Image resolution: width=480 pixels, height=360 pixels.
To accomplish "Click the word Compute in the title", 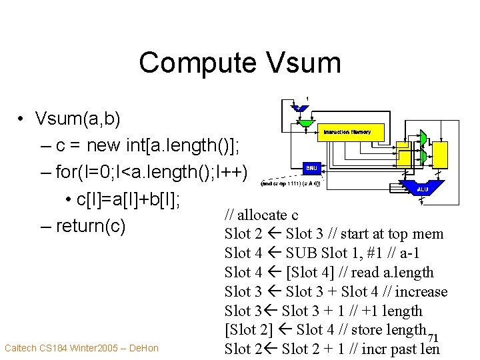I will point(196,63).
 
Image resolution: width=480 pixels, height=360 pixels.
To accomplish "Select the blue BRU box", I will point(312,168).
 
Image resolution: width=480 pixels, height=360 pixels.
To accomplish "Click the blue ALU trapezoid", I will point(422,189).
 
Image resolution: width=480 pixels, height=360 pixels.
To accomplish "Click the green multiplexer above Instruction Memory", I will point(307,123).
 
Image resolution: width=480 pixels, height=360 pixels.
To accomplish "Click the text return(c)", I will point(91,226).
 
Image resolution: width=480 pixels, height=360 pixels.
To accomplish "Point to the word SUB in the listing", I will point(303,253).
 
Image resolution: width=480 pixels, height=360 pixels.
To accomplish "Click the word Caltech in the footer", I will point(21,348).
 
